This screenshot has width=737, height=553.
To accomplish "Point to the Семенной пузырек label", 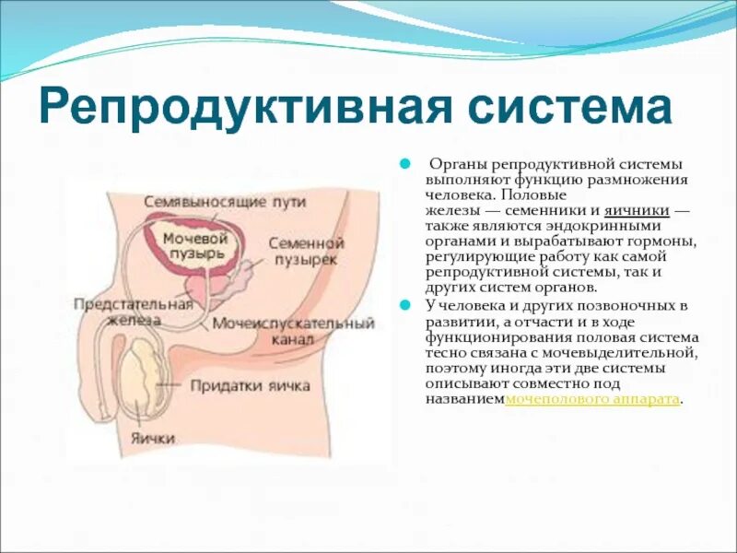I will point(306,252).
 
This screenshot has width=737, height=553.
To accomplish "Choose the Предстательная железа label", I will point(133,312).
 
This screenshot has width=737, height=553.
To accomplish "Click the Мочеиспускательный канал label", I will point(293,331).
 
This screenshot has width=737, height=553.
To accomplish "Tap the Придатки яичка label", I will point(251,385).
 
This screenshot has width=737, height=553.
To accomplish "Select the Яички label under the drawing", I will point(152,438).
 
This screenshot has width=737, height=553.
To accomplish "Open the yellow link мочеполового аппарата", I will point(593,400).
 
